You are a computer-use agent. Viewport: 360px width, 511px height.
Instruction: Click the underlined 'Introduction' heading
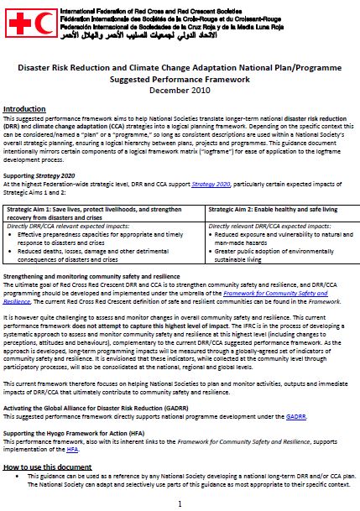pyautogui.click(x=29, y=110)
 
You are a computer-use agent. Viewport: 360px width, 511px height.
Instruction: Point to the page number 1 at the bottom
pyautogui.click(x=180, y=502)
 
